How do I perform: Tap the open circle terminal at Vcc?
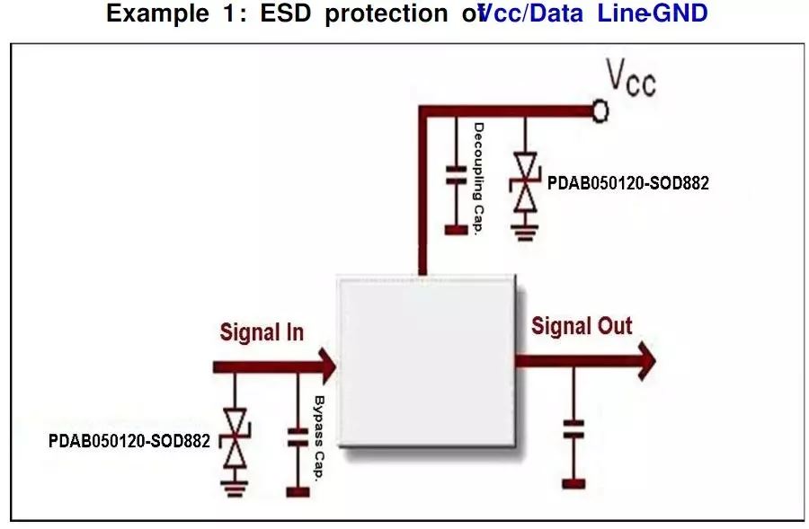[600, 110]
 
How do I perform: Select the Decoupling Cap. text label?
[478, 178]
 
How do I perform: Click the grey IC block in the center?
[425, 360]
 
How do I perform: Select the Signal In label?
[262, 332]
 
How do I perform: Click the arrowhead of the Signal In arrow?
[325, 366]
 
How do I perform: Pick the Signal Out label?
[582, 326]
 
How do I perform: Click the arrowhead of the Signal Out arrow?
[645, 361]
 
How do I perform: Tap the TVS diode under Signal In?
[236, 438]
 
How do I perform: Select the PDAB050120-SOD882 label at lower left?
[129, 441]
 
